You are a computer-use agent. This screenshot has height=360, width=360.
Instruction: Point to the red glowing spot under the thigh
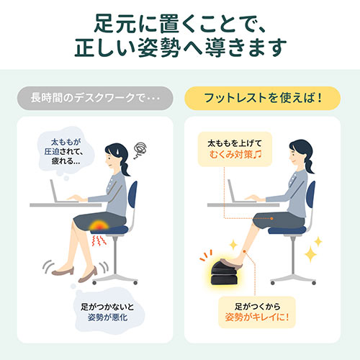pyautogui.click(x=99, y=228)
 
